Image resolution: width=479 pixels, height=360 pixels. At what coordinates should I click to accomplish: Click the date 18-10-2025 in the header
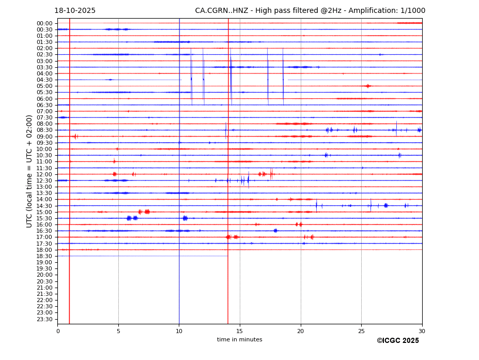pyautogui.click(x=75, y=11)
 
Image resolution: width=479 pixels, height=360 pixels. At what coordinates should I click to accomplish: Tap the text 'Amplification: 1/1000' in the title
pyautogui.click(x=390, y=11)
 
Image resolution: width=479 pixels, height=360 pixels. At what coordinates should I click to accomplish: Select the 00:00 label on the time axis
pyautogui.click(x=44, y=23)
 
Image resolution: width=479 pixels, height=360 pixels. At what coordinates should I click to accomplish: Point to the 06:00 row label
pyautogui.click(x=44, y=99)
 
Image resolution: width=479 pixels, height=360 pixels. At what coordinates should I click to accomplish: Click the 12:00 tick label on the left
pyautogui.click(x=44, y=174)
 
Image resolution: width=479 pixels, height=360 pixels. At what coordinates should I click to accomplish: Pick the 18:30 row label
pyautogui.click(x=44, y=256)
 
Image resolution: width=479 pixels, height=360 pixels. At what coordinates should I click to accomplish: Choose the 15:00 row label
pyautogui.click(x=44, y=212)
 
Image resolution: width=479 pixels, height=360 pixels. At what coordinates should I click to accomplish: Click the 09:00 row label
pyautogui.click(x=44, y=137)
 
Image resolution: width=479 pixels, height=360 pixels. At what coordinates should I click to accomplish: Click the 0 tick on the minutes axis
pyautogui.click(x=58, y=331)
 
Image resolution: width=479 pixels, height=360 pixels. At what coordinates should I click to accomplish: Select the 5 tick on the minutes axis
pyautogui.click(x=118, y=331)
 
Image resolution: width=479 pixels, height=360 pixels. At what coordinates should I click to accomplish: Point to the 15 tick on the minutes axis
pyautogui.click(x=240, y=331)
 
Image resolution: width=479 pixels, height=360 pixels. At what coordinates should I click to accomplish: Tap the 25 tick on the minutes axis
pyautogui.click(x=361, y=331)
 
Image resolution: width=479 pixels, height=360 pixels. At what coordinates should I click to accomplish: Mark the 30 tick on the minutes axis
pyautogui.click(x=422, y=331)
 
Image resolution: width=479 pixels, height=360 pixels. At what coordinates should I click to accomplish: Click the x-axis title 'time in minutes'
pyautogui.click(x=240, y=340)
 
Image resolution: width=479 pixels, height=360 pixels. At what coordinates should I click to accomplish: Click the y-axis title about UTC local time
pyautogui.click(x=30, y=171)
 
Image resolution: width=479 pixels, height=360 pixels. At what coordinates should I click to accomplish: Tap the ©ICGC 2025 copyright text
pyautogui.click(x=397, y=341)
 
